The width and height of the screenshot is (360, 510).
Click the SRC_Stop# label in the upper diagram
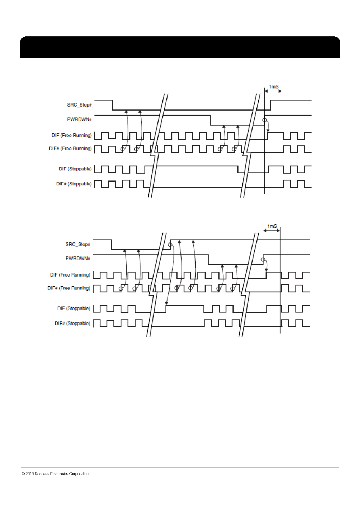79,105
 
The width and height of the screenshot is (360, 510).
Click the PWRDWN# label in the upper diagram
79,120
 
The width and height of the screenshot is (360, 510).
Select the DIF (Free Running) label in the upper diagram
71,135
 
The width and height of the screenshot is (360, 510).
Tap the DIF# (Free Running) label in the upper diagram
70,149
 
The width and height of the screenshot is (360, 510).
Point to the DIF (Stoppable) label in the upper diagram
75,169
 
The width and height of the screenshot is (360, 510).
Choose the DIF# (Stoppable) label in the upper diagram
74,184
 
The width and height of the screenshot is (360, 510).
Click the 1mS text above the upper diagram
274,87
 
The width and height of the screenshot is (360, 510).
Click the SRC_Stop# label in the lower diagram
78,244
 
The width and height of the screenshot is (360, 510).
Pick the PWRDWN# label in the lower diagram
78,258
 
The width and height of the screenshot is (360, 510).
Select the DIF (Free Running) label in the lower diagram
70,275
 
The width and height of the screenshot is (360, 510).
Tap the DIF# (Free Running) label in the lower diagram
69,288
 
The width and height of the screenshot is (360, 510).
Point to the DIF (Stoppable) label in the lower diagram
74,309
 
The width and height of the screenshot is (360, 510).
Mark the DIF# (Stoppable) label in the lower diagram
72,323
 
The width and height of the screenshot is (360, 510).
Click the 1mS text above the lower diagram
272,226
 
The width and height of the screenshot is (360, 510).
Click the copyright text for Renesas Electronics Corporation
55,474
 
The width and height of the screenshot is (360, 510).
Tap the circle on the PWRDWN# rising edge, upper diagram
264,120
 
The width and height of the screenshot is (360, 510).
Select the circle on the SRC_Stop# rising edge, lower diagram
170,245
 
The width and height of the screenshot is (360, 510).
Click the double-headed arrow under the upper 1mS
273,91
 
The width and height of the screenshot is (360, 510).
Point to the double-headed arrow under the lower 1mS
272,231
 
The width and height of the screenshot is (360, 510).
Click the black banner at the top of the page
180,47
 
